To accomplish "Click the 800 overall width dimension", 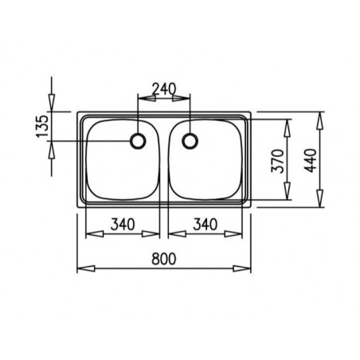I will [163, 257].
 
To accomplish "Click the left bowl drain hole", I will [138, 142].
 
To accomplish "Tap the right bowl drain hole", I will [190, 142].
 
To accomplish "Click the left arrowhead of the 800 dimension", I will [82, 267].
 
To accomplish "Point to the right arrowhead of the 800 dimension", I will [246, 267].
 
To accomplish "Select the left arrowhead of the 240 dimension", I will [143, 100].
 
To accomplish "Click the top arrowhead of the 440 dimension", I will [320, 116].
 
